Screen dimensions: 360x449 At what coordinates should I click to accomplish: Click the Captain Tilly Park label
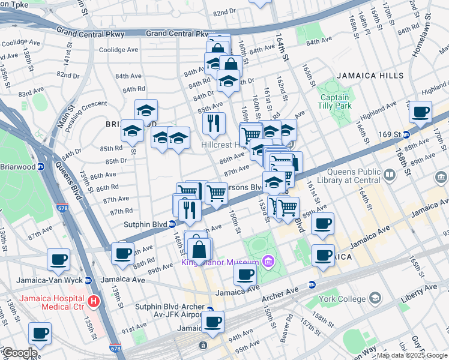(334, 102)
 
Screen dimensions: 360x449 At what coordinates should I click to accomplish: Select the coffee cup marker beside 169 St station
(420, 112)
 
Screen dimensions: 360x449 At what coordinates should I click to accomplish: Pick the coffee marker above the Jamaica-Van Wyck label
(59, 259)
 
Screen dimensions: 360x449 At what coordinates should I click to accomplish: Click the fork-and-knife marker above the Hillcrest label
(214, 124)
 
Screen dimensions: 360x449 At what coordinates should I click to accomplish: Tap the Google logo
(19, 353)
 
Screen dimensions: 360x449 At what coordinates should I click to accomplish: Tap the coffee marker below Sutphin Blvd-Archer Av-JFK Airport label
(212, 322)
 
